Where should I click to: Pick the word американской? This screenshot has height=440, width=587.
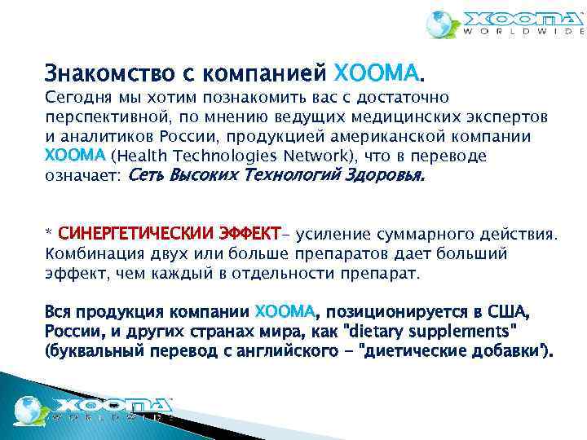coord(421,136)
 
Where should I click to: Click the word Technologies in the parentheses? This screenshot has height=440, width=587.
coord(218,156)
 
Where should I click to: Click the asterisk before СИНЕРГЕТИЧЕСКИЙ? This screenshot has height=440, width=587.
coord(48,234)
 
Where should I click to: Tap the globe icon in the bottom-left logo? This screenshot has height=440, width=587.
coord(29,407)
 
